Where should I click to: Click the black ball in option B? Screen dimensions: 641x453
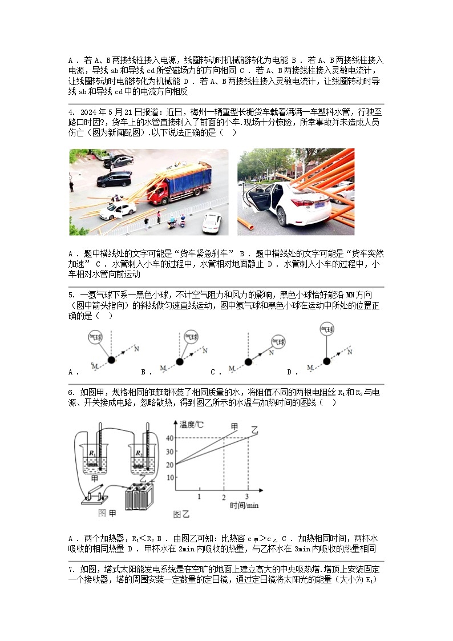tap(179, 361)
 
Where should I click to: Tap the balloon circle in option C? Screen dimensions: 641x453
tap(278, 341)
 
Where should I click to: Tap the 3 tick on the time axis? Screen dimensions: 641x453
tap(246, 497)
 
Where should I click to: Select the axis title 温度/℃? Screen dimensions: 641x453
tap(191, 424)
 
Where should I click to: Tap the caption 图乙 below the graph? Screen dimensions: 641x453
tap(181, 514)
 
